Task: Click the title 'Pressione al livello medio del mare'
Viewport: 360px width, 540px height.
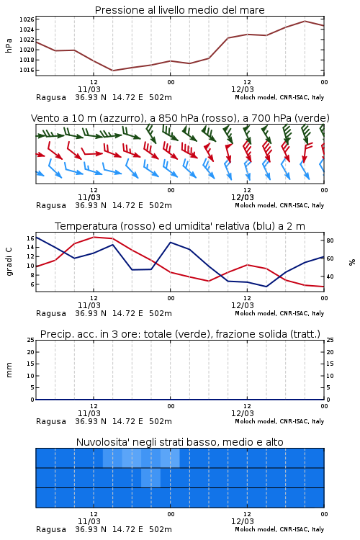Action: coord(179,10)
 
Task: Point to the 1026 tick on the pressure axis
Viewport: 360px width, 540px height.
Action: coord(27,19)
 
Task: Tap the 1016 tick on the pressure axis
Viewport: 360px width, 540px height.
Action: coord(27,70)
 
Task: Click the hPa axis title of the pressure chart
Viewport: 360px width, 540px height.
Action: coord(9,45)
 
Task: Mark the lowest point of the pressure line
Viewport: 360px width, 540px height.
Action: coord(112,71)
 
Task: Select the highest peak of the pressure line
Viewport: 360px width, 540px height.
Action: coord(305,21)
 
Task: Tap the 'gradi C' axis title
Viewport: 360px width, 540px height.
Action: coord(9,262)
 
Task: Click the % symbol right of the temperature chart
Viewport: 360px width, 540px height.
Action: coord(352,262)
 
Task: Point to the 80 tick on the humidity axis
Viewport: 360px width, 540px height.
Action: coord(330,240)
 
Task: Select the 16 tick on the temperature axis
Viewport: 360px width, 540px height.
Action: coord(30,238)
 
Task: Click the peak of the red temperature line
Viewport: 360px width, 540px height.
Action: coord(94,237)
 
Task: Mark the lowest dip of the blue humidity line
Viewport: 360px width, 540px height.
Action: coord(266,287)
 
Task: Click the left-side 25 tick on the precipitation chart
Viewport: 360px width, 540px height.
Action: coord(31,340)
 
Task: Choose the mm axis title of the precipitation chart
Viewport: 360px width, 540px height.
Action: coord(9,369)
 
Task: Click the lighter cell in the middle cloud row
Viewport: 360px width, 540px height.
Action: coord(151,477)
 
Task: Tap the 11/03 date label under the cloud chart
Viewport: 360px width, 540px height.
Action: coord(89,521)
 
